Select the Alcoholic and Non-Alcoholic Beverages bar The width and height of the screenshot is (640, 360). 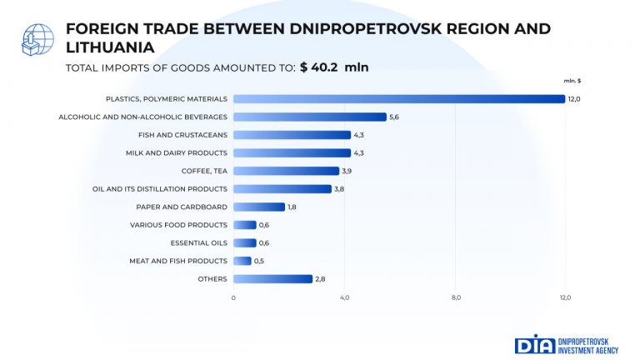tap(309, 117)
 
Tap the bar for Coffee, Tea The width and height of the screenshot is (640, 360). tap(286, 171)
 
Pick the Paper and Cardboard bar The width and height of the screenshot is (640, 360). tap(258, 207)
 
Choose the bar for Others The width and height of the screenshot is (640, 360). tap(272, 278)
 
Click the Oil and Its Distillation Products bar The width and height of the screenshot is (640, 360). tap(282, 189)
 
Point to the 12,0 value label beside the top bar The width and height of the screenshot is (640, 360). tap(573, 99)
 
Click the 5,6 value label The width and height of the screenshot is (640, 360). tap(395, 117)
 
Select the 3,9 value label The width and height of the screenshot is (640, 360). tap(347, 171)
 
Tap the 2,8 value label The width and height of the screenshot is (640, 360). tap(320, 278)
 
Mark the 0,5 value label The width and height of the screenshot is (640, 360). tap(259, 261)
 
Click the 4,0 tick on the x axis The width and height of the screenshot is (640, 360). tap(344, 297)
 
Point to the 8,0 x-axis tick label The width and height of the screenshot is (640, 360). tap(456, 297)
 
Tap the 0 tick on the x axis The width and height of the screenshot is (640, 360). tap(233, 297)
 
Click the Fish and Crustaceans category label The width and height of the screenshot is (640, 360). tap(182, 135)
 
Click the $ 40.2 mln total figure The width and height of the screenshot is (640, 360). tap(334, 67)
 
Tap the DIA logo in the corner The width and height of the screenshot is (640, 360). tap(529, 344)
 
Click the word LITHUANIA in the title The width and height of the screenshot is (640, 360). tap(109, 47)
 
